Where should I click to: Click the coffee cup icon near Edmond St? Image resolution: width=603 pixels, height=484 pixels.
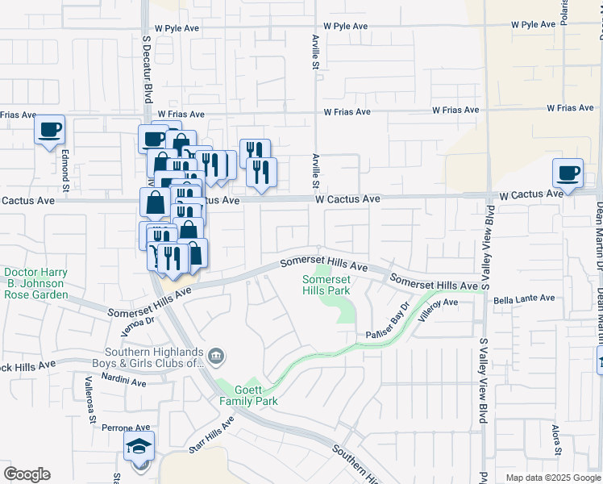(49, 129)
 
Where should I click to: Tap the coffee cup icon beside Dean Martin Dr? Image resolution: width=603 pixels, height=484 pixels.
(568, 173)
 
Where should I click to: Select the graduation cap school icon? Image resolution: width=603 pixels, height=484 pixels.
(139, 445)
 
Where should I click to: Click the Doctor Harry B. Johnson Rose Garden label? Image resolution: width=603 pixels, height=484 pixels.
(34, 284)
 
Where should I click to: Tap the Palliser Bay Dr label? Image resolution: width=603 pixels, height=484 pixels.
(388, 320)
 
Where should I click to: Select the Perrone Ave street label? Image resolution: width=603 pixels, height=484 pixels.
(127, 428)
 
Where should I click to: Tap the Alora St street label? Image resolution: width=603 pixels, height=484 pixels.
(555, 440)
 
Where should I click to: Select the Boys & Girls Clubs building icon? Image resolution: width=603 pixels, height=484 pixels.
(215, 356)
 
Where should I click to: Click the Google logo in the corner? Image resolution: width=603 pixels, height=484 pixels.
(27, 474)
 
